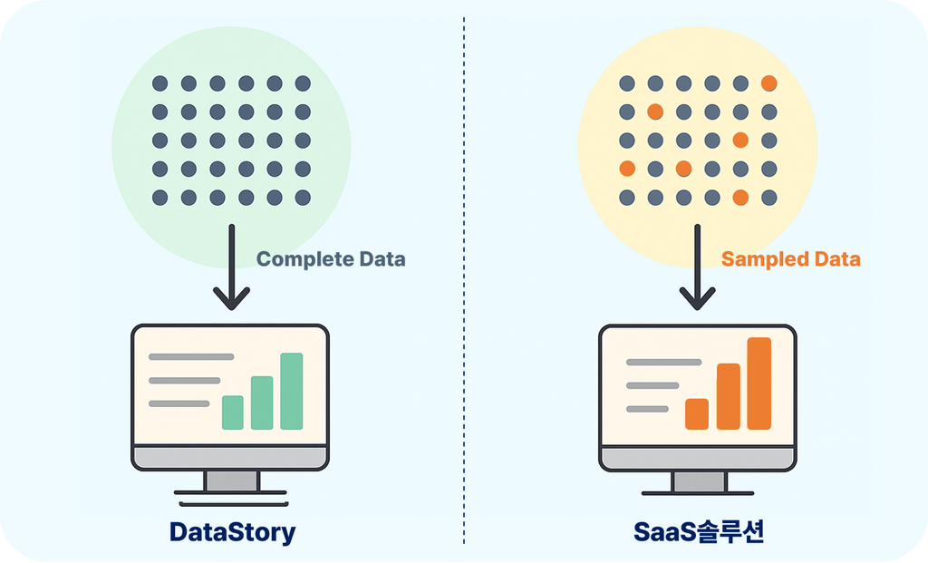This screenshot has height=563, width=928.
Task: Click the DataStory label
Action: coord(233,531)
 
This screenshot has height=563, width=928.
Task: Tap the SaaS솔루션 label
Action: coord(699,531)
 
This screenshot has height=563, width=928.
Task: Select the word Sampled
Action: coord(765,259)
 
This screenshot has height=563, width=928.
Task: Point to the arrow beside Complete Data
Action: coord(231,267)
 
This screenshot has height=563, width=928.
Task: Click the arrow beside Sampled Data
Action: coord(697,267)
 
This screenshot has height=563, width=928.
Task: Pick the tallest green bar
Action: coord(292,391)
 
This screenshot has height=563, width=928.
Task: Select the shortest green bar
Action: coord(233,412)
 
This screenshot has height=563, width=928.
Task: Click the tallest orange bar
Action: coord(759,383)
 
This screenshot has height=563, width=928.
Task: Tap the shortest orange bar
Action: coord(697,413)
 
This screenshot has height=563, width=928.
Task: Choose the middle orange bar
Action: coord(729,396)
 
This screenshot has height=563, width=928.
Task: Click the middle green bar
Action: coord(262,403)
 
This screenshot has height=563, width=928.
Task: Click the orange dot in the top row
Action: coord(768,83)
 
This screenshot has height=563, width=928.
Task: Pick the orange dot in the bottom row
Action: coord(740,198)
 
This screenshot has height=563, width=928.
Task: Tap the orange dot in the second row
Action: coord(655,112)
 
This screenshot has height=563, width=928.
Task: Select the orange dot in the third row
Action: coord(740,141)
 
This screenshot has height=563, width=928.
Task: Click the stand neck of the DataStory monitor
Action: coord(231,480)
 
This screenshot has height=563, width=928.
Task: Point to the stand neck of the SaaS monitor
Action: coord(699,481)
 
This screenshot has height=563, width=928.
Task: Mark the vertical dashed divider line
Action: coord(464,280)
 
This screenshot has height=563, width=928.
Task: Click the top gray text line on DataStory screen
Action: coord(191,357)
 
